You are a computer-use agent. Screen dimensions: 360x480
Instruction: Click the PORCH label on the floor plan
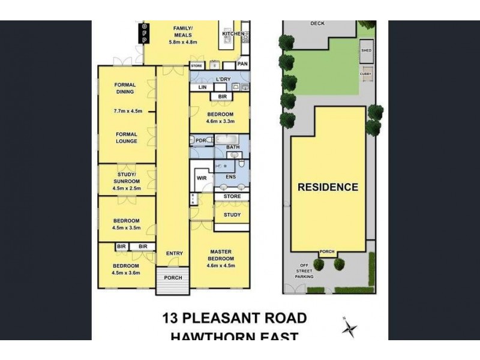[173, 277]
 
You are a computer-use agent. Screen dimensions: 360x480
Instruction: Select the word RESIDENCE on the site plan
[328, 187]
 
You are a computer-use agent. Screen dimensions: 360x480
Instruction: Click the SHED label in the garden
[366, 51]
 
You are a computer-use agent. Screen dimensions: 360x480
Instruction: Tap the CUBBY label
[365, 74]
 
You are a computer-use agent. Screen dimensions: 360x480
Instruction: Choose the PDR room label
[200, 140]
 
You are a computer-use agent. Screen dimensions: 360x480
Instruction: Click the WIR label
[202, 178]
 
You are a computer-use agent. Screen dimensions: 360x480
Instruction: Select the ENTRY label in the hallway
[174, 253]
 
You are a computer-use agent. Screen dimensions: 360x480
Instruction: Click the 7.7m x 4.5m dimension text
[127, 111]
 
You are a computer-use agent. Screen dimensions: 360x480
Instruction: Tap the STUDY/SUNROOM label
[127, 177]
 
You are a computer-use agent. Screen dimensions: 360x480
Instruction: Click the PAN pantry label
[242, 64]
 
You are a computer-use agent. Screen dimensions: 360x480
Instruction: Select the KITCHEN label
[233, 34]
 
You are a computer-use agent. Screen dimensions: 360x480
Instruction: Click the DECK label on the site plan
[317, 24]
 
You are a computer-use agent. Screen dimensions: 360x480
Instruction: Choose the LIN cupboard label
[202, 88]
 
